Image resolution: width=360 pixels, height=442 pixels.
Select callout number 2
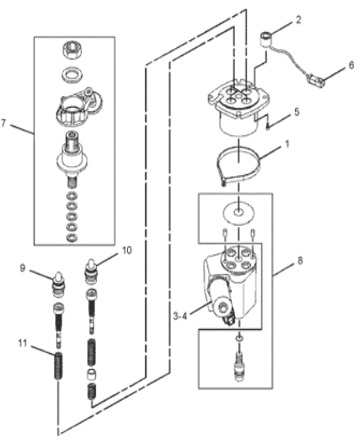(x=299, y=18)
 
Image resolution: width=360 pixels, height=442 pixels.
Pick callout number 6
(x=350, y=65)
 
